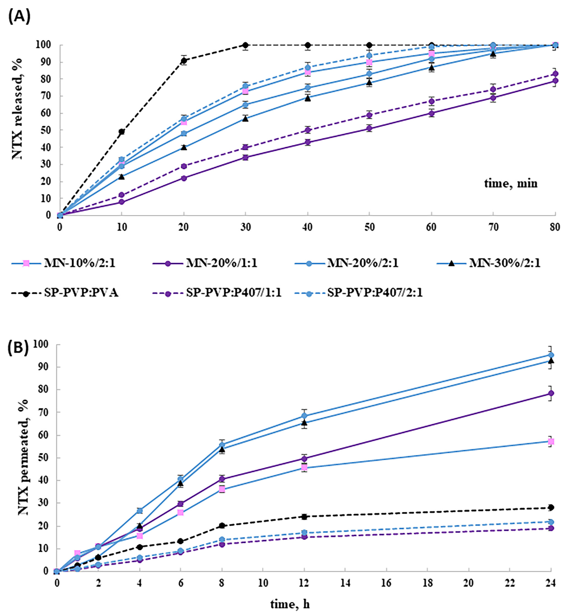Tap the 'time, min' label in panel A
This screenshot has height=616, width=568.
click(511, 183)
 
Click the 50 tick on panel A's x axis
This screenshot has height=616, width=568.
click(369, 227)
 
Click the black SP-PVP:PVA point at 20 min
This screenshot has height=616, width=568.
click(184, 60)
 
